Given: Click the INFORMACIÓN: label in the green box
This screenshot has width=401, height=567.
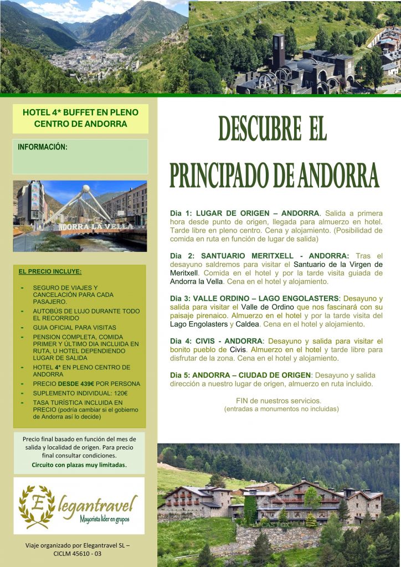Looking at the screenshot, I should point(43,147).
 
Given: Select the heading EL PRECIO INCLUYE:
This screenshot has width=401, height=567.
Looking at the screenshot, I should point(50,272).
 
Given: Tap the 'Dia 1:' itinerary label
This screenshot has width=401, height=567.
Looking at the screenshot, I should point(181,213).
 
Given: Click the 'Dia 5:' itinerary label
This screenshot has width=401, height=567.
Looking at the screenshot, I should point(181,375).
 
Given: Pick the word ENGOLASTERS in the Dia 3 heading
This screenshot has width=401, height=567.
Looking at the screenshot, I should point(309,298).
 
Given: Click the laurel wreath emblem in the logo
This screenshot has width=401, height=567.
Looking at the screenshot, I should point(37,504).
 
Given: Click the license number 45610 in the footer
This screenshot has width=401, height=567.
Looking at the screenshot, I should point(84,553).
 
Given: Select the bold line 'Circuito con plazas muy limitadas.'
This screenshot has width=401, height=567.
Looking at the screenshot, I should point(79,465).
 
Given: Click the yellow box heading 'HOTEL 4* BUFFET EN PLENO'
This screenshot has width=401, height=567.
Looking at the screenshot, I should point(80,112).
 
